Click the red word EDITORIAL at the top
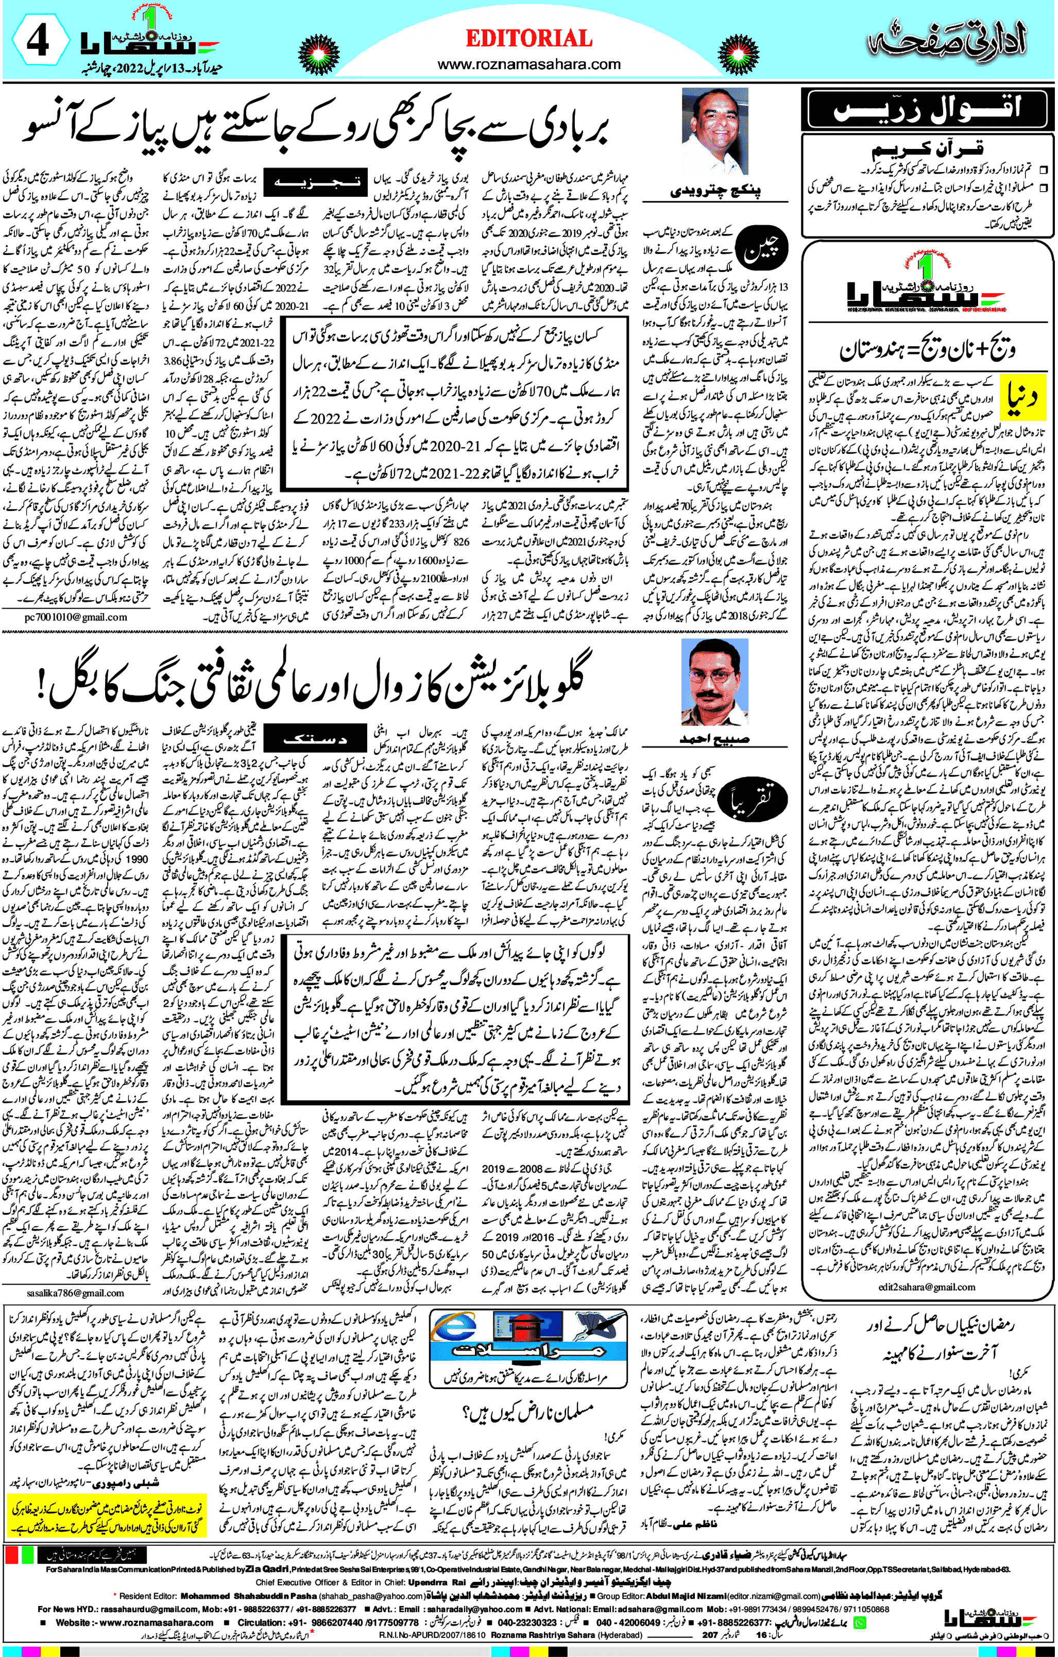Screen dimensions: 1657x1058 [x=528, y=39]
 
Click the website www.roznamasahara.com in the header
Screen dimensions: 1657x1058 [x=528, y=65]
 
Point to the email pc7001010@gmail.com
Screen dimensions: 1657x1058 [x=76, y=617]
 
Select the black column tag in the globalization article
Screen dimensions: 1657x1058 [x=315, y=739]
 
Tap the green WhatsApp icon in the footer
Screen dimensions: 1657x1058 [x=859, y=1622]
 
